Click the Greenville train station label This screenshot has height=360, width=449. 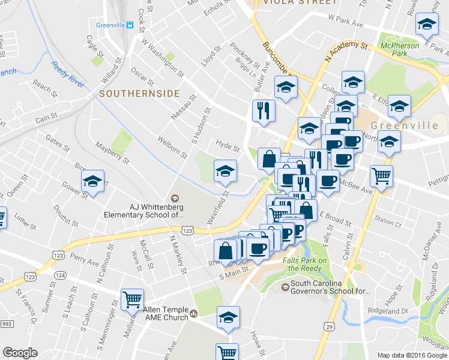[x=114, y=25]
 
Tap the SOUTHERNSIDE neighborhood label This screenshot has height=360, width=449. [x=139, y=94]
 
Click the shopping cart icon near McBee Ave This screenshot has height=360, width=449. [x=381, y=176]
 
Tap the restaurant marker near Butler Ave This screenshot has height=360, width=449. [x=263, y=110]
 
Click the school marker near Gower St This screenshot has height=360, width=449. [x=92, y=181]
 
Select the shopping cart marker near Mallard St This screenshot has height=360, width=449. [x=132, y=298]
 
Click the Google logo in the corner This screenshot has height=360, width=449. [x=20, y=353]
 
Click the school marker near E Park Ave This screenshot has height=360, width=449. [x=426, y=25]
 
